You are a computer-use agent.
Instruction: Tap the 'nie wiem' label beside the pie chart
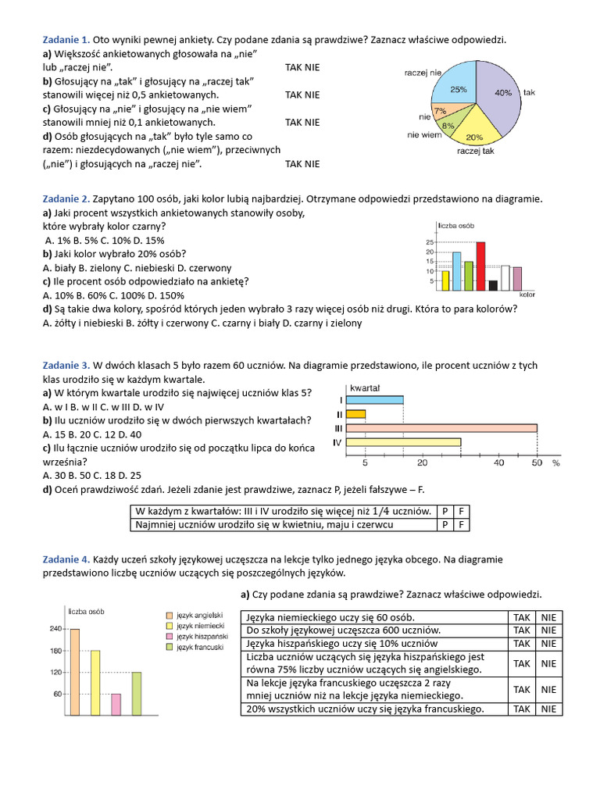point(424,135)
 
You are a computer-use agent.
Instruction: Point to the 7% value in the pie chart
point(441,111)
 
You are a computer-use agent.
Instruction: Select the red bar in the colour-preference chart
point(480,266)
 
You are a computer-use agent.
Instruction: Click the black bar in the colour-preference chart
point(493,284)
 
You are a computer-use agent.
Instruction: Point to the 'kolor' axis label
point(527,295)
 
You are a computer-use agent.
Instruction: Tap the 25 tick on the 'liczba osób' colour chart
point(430,243)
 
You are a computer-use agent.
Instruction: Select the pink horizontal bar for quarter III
point(441,428)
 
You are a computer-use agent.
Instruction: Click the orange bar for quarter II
point(355,414)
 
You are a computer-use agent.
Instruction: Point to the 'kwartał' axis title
point(365,387)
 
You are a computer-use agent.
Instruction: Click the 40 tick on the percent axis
point(499,463)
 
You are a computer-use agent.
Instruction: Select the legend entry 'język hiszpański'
point(201,637)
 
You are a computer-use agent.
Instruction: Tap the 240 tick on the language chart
point(56,629)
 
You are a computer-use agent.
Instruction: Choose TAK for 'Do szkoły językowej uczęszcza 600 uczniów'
point(521,630)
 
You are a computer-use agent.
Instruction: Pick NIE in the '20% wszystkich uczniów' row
point(548,709)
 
